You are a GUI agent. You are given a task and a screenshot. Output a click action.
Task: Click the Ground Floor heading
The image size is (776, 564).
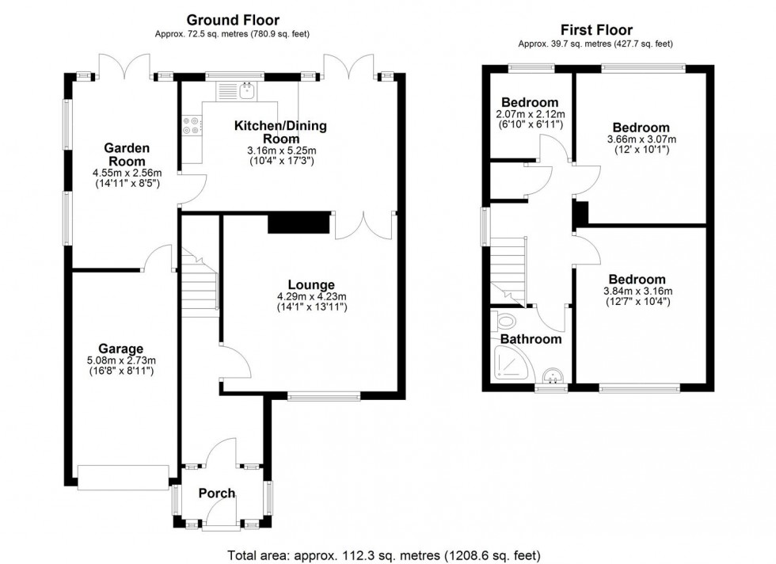click(x=233, y=19)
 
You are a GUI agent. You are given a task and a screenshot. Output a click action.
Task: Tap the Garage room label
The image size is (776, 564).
click(x=120, y=349)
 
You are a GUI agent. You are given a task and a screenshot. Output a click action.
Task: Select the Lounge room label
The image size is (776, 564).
click(x=311, y=285)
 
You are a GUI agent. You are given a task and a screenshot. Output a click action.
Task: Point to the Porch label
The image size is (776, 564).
click(x=216, y=494)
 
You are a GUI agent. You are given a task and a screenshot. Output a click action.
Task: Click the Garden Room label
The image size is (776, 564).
click(x=127, y=154)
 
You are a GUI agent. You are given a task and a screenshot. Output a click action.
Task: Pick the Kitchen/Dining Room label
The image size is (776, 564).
click(x=280, y=132)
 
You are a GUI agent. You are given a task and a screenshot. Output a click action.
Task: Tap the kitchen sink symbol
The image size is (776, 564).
click(x=248, y=92)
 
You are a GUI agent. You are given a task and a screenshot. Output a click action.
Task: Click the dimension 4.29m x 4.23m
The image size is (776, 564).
click(x=311, y=298)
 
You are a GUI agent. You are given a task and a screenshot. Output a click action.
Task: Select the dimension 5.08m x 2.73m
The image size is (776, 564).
click(x=121, y=361)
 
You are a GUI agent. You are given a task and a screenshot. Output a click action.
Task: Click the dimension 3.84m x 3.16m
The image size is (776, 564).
click(x=637, y=292)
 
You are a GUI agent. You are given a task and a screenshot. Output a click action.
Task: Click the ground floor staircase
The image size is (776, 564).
click(x=199, y=285)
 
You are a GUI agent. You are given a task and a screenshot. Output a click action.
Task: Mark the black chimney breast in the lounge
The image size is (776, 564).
click(x=299, y=223)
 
